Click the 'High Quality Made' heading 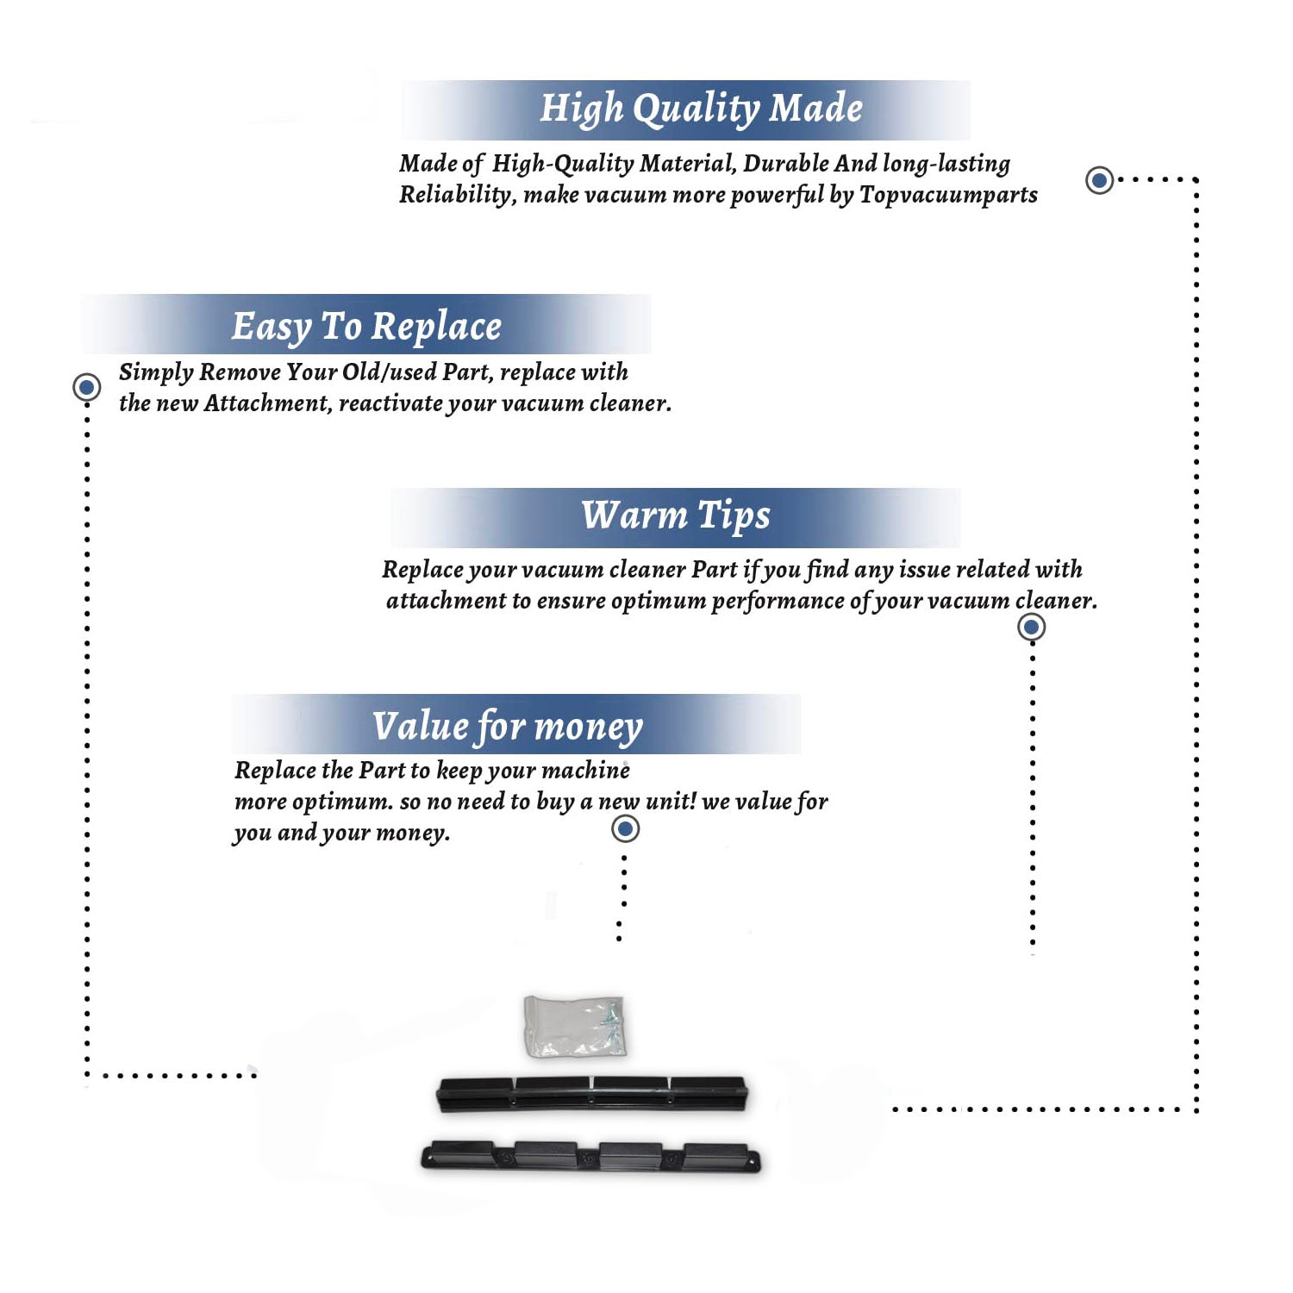click(701, 109)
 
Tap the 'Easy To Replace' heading click(366, 328)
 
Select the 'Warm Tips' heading click(676, 515)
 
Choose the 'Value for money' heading click(508, 727)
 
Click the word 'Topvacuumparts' click(948, 196)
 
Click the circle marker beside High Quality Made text click(1099, 180)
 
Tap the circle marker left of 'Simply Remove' click(86, 387)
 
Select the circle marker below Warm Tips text click(1032, 627)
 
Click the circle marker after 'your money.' click(625, 829)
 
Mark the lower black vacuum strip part click(591, 1157)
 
